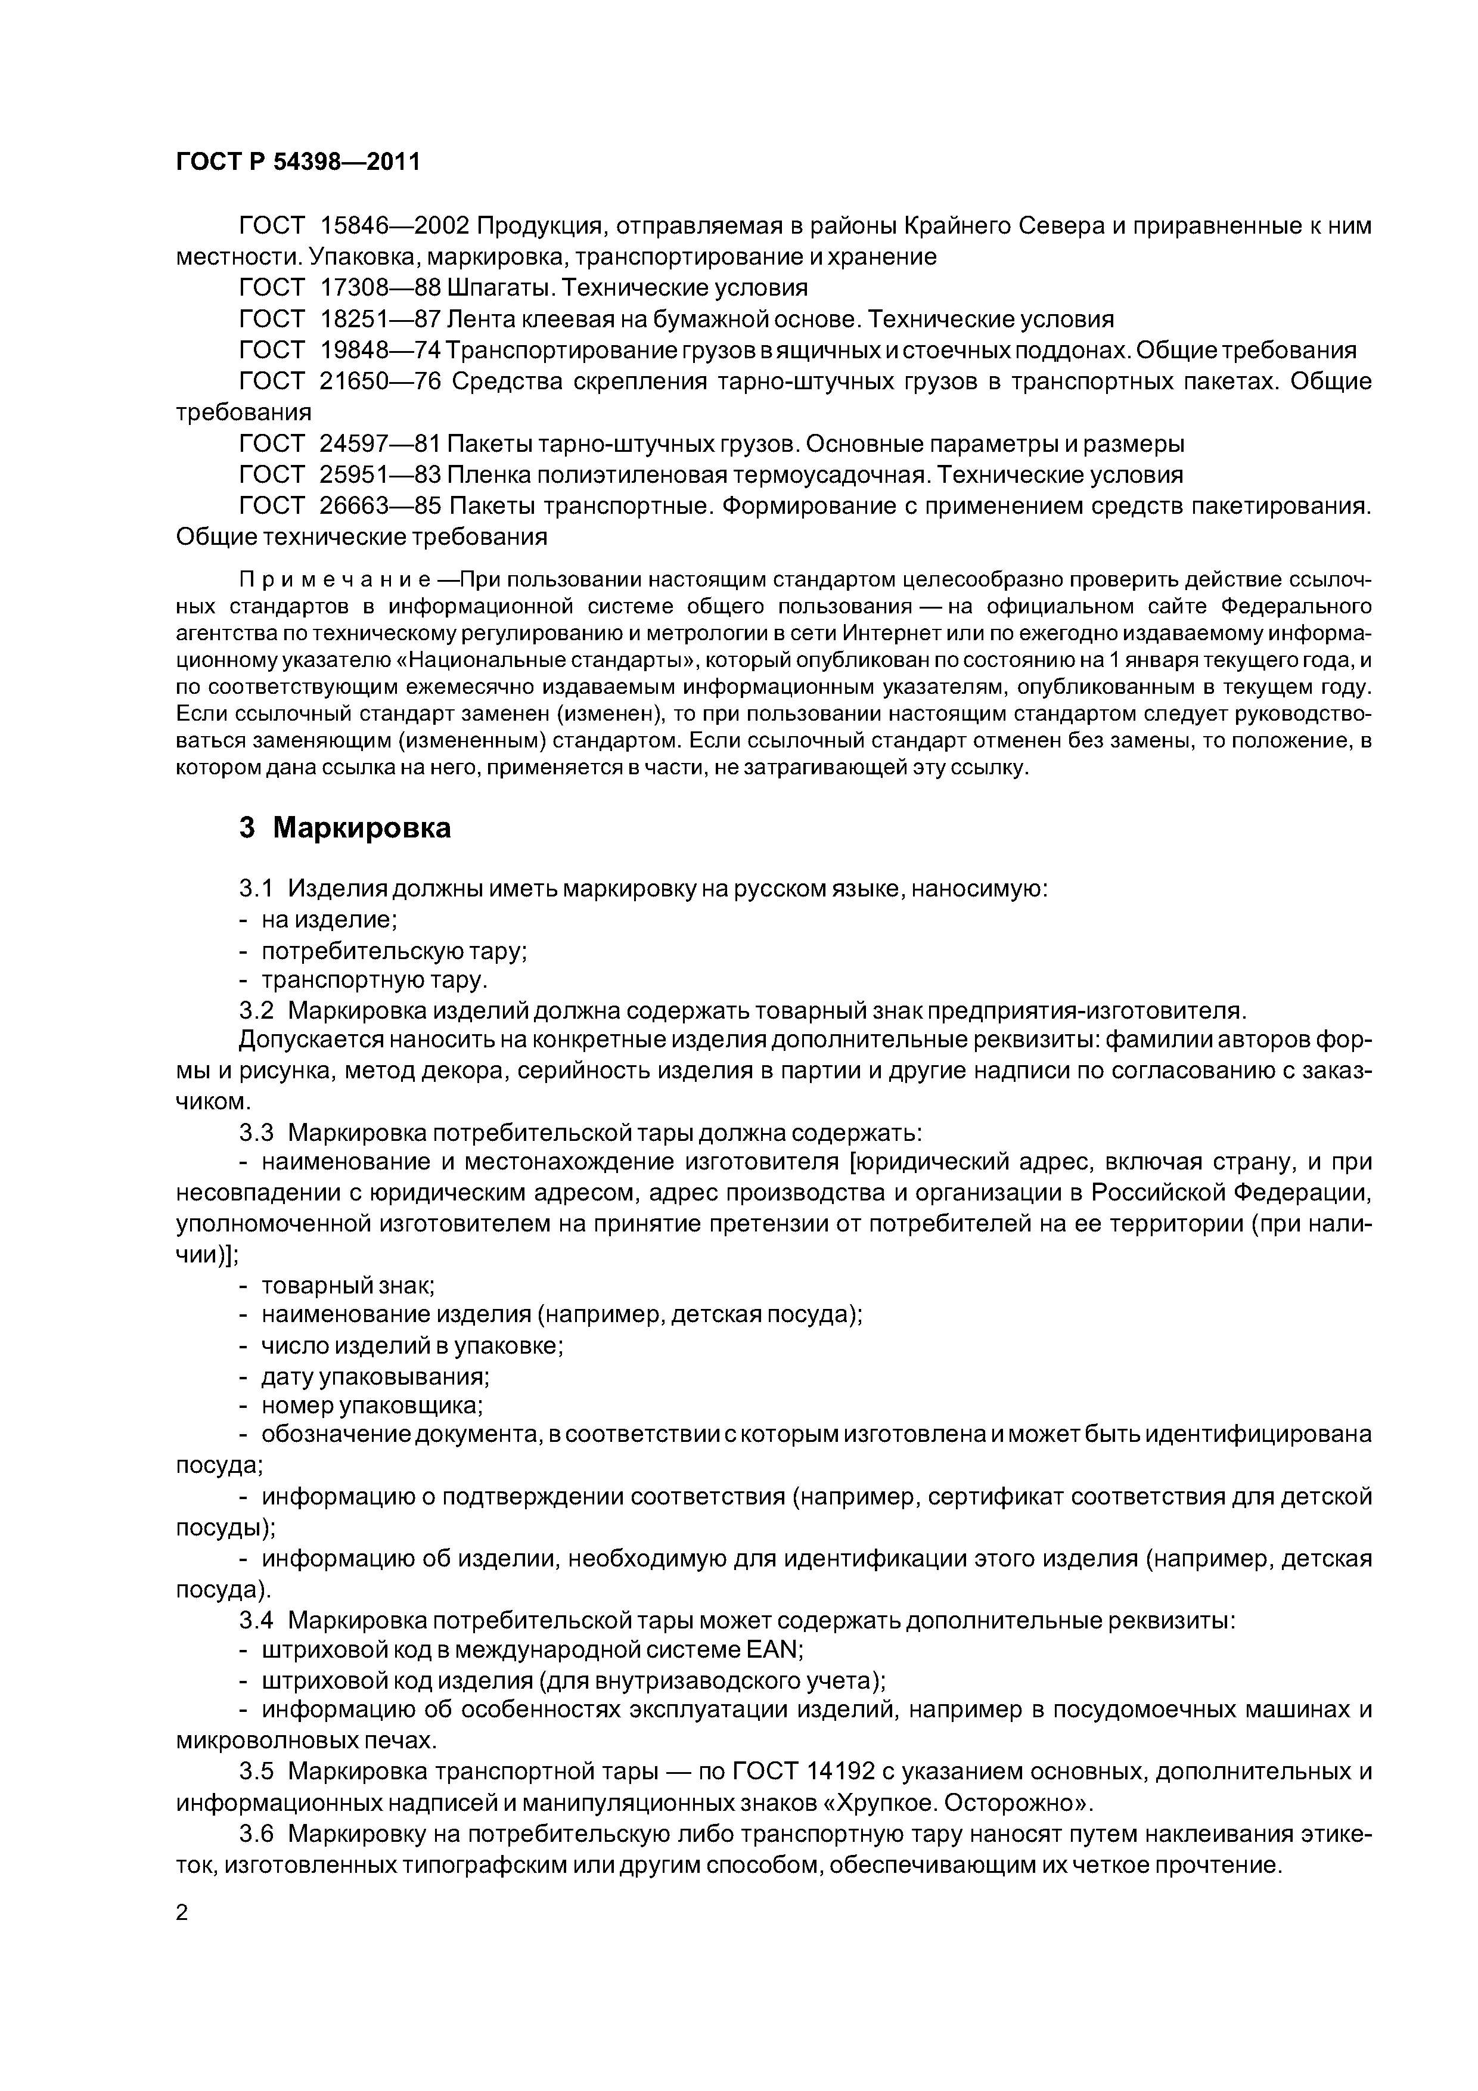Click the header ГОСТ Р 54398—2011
coord(298,162)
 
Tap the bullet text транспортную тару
coord(374,981)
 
